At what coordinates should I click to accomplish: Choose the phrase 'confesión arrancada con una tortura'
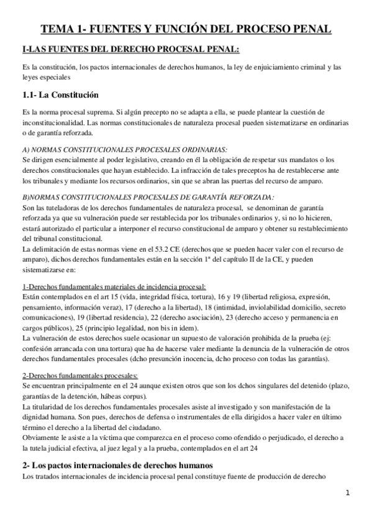point(80,349)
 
